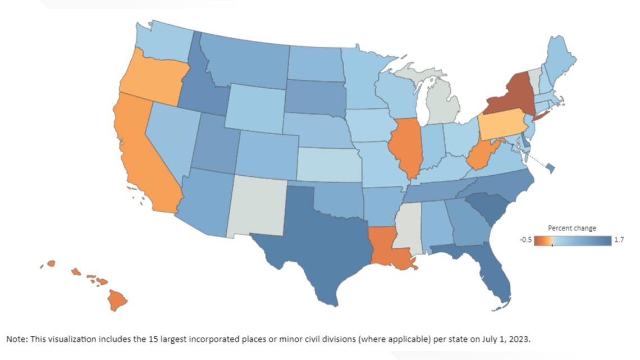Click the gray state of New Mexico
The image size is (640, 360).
click(x=255, y=205)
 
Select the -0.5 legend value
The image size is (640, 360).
click(x=525, y=240)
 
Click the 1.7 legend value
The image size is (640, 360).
click(x=619, y=240)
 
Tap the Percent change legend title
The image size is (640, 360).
click(x=572, y=228)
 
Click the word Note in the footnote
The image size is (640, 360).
click(x=15, y=340)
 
